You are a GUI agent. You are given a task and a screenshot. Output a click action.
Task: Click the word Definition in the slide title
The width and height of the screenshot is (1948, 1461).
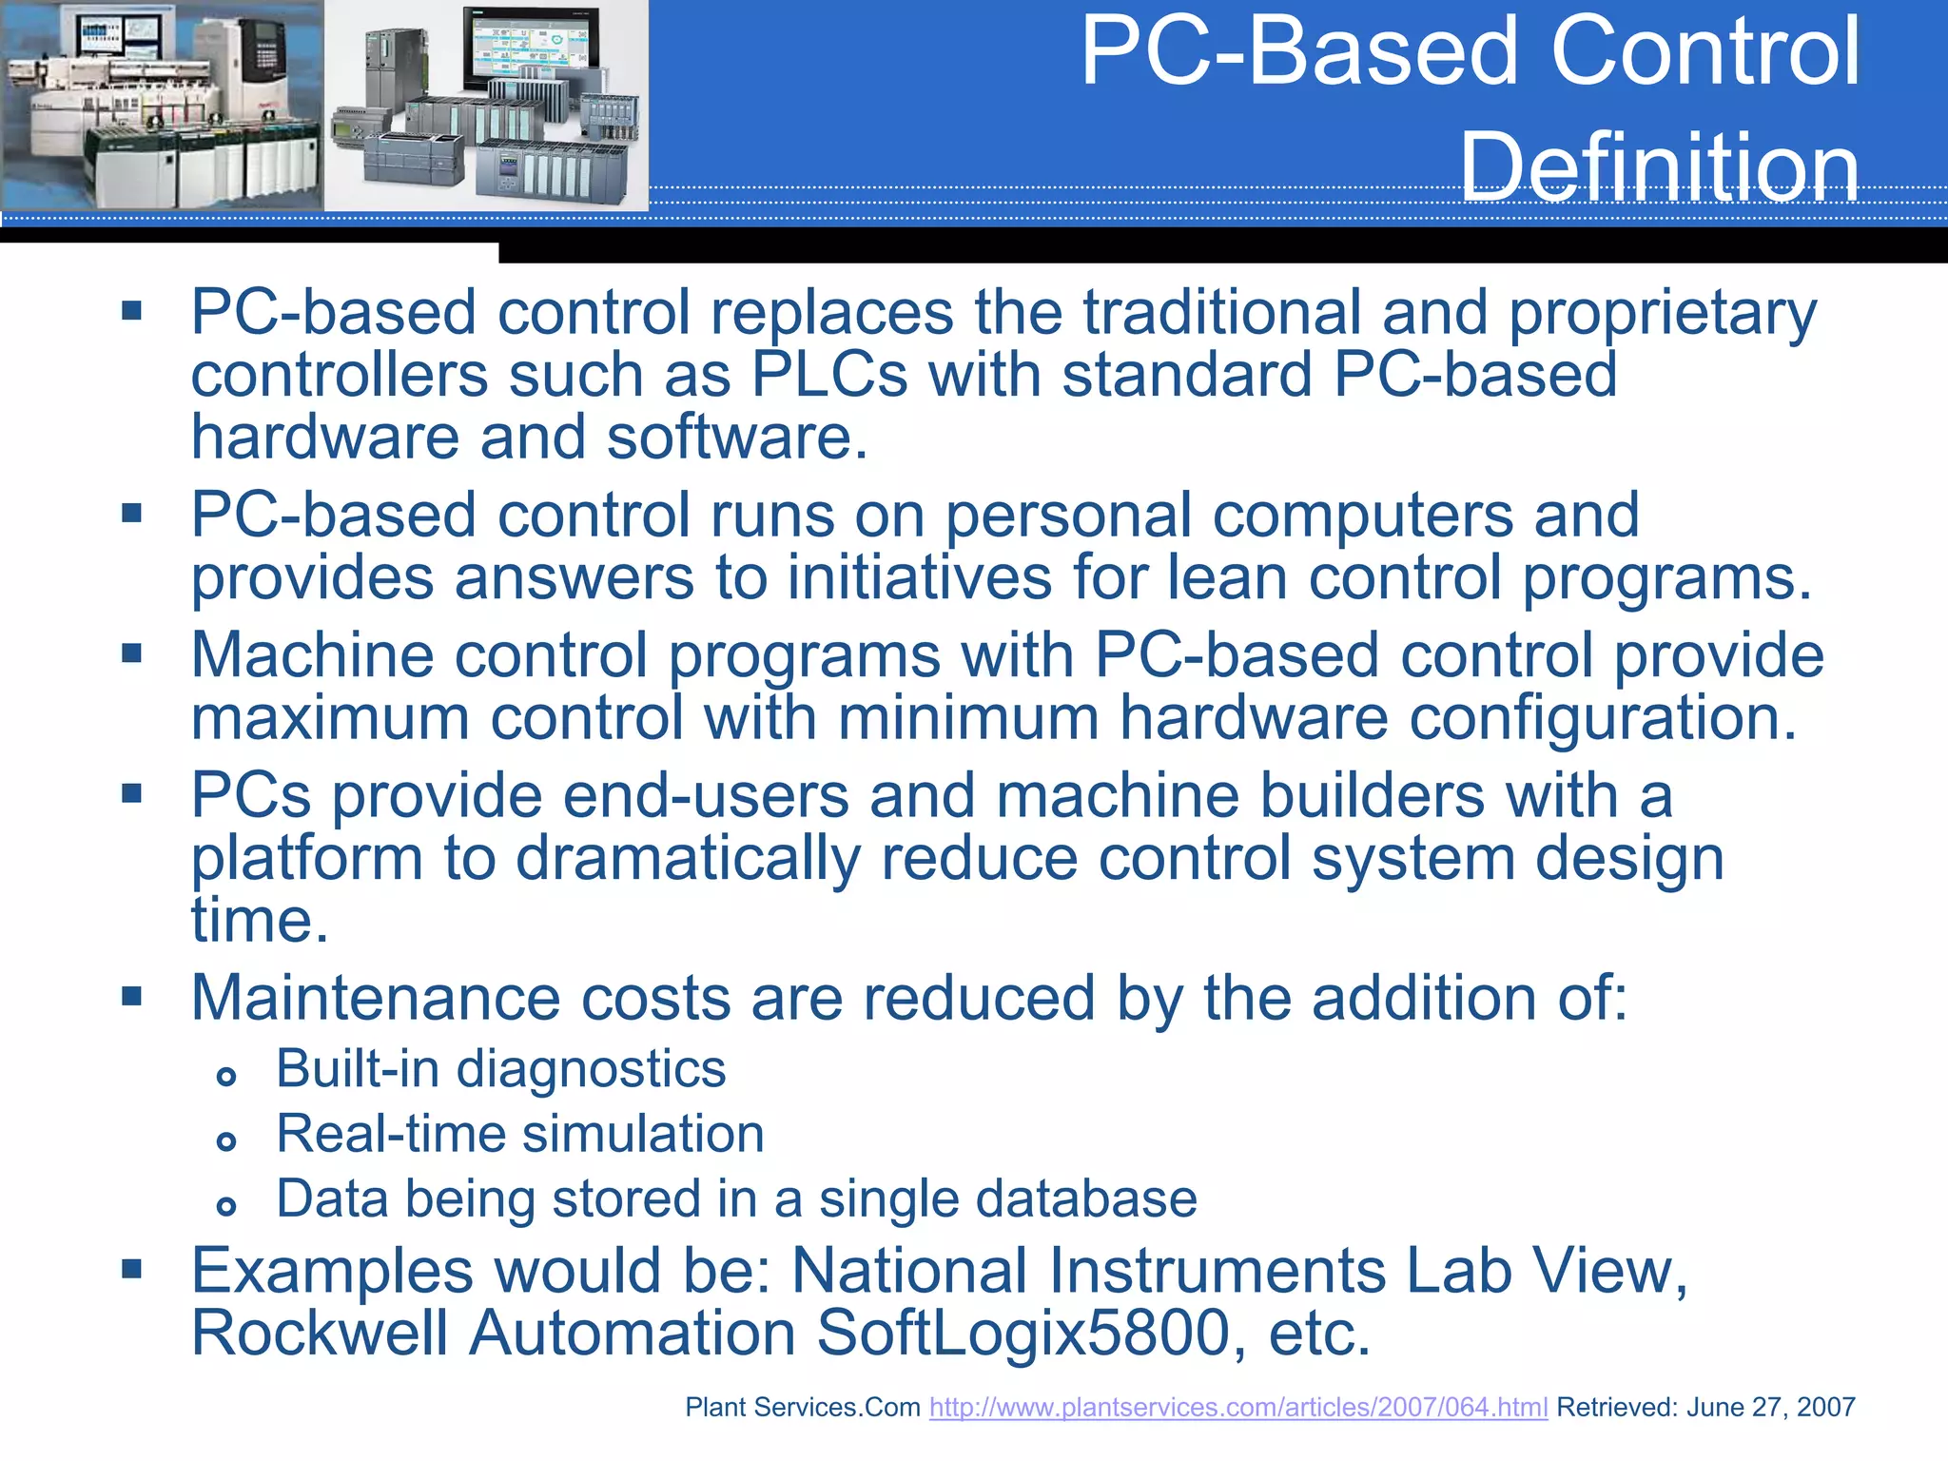(x=1659, y=167)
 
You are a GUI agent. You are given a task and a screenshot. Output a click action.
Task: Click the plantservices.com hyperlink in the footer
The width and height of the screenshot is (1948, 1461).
(x=1237, y=1408)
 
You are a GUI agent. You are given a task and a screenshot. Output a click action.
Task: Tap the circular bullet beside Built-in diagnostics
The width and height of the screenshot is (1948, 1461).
(x=225, y=1077)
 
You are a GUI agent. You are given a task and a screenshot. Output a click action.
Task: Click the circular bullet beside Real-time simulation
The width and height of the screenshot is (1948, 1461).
(x=225, y=1141)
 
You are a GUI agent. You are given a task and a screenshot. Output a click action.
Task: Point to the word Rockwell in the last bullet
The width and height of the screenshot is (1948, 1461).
(x=320, y=1333)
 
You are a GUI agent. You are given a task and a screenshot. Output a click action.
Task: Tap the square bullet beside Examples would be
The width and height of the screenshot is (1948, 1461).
(x=131, y=1268)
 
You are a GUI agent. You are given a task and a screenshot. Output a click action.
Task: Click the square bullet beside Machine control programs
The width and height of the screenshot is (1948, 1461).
(x=131, y=653)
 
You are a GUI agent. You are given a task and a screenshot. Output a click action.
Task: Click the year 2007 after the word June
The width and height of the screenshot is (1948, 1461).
(x=1825, y=1408)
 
